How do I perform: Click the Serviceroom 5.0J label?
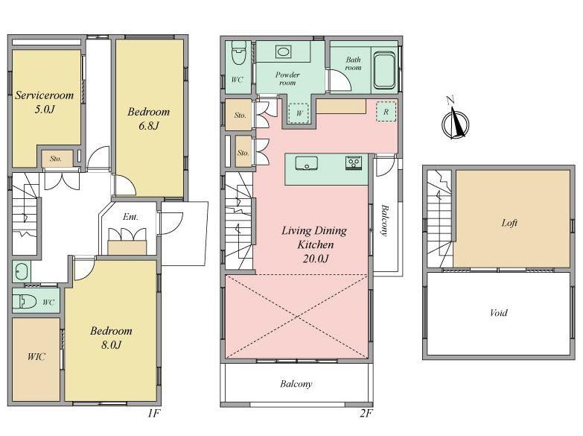click(x=44, y=102)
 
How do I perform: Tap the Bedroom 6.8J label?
click(x=149, y=119)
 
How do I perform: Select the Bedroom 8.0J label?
click(x=111, y=338)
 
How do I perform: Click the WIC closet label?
click(x=36, y=357)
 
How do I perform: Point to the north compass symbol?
click(x=455, y=120)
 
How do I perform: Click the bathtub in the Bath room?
click(x=384, y=70)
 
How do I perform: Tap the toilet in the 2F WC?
click(x=238, y=53)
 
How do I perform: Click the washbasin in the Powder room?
click(x=284, y=51)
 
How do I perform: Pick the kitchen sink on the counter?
click(x=306, y=163)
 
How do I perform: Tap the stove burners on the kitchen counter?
click(x=353, y=163)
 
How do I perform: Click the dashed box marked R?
click(x=386, y=112)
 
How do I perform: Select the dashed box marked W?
click(x=299, y=113)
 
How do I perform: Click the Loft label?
click(x=509, y=223)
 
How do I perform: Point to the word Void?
click(x=498, y=312)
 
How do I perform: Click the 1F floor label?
click(x=153, y=413)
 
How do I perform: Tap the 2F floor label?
click(x=366, y=413)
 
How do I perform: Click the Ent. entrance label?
click(x=130, y=217)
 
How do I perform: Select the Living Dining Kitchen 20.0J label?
click(x=314, y=244)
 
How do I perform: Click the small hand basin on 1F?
click(x=21, y=272)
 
